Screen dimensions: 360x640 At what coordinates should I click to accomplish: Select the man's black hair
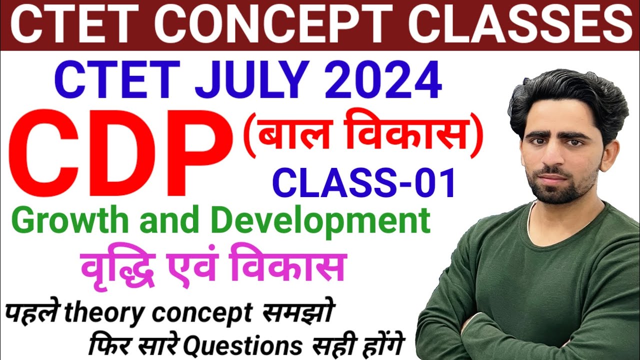(x=565, y=95)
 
